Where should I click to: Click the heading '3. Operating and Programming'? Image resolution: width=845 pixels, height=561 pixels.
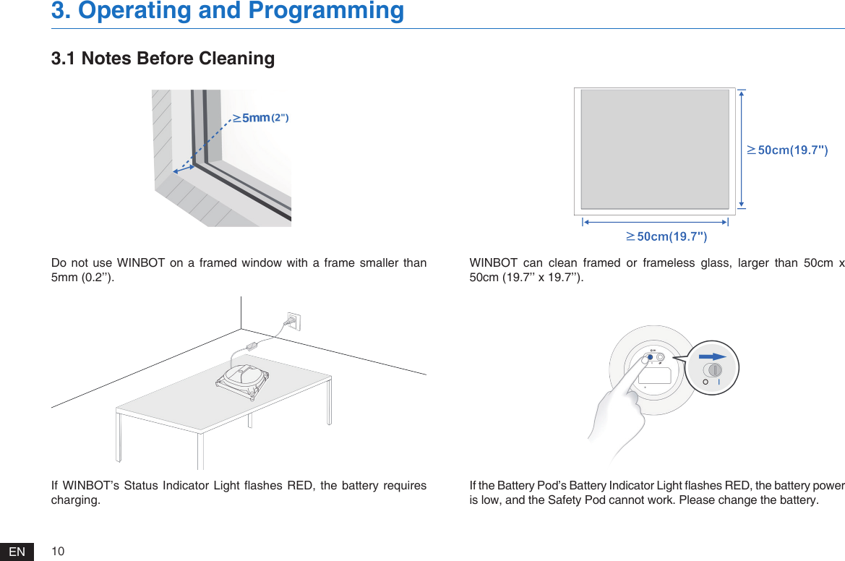(228, 11)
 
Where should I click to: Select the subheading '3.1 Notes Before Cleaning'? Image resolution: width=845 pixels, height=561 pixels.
(163, 59)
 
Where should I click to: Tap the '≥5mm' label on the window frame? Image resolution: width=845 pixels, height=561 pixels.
(255, 118)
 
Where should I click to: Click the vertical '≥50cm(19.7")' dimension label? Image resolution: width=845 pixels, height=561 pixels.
(788, 150)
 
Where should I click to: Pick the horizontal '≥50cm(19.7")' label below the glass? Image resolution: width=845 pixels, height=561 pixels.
(666, 236)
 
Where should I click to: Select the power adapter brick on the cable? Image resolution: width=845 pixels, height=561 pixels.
(254, 346)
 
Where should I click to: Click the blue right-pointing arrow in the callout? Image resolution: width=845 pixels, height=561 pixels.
(713, 356)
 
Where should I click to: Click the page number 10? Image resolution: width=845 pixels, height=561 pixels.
(58, 552)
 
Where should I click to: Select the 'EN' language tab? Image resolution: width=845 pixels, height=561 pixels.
(17, 552)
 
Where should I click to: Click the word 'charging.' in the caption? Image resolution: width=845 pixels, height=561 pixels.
(76, 500)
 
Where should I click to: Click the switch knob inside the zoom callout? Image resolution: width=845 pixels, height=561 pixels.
(713, 371)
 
